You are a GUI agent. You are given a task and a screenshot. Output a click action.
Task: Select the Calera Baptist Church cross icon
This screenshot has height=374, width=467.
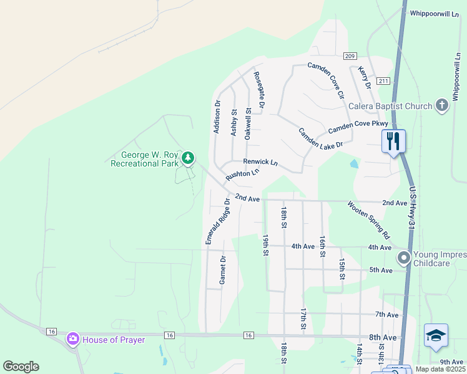click(441, 105)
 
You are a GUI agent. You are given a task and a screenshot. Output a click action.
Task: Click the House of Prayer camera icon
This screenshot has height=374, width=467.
click(73, 339)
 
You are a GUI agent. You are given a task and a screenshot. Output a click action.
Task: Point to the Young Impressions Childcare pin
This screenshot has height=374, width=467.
click(404, 257)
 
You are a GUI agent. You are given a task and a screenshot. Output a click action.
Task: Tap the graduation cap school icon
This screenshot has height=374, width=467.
click(436, 336)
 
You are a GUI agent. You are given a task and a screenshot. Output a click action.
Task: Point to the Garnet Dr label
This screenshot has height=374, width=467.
click(222, 270)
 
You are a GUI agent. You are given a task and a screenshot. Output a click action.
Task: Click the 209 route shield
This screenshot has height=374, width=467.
click(350, 55)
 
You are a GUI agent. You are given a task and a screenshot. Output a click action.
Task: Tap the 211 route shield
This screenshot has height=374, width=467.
click(383, 81)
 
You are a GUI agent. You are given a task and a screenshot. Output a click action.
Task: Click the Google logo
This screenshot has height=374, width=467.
click(21, 367)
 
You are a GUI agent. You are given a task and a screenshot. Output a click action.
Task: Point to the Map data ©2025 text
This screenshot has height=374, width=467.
click(441, 369)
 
